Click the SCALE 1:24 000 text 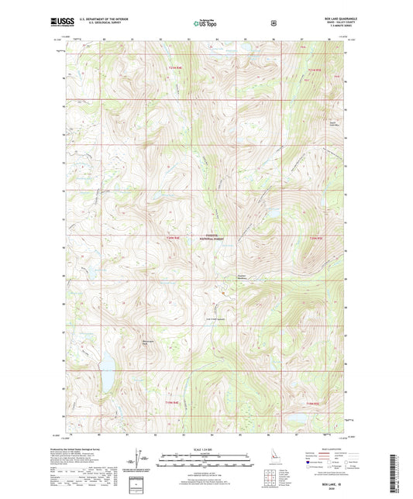pyautogui.click(x=205, y=450)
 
